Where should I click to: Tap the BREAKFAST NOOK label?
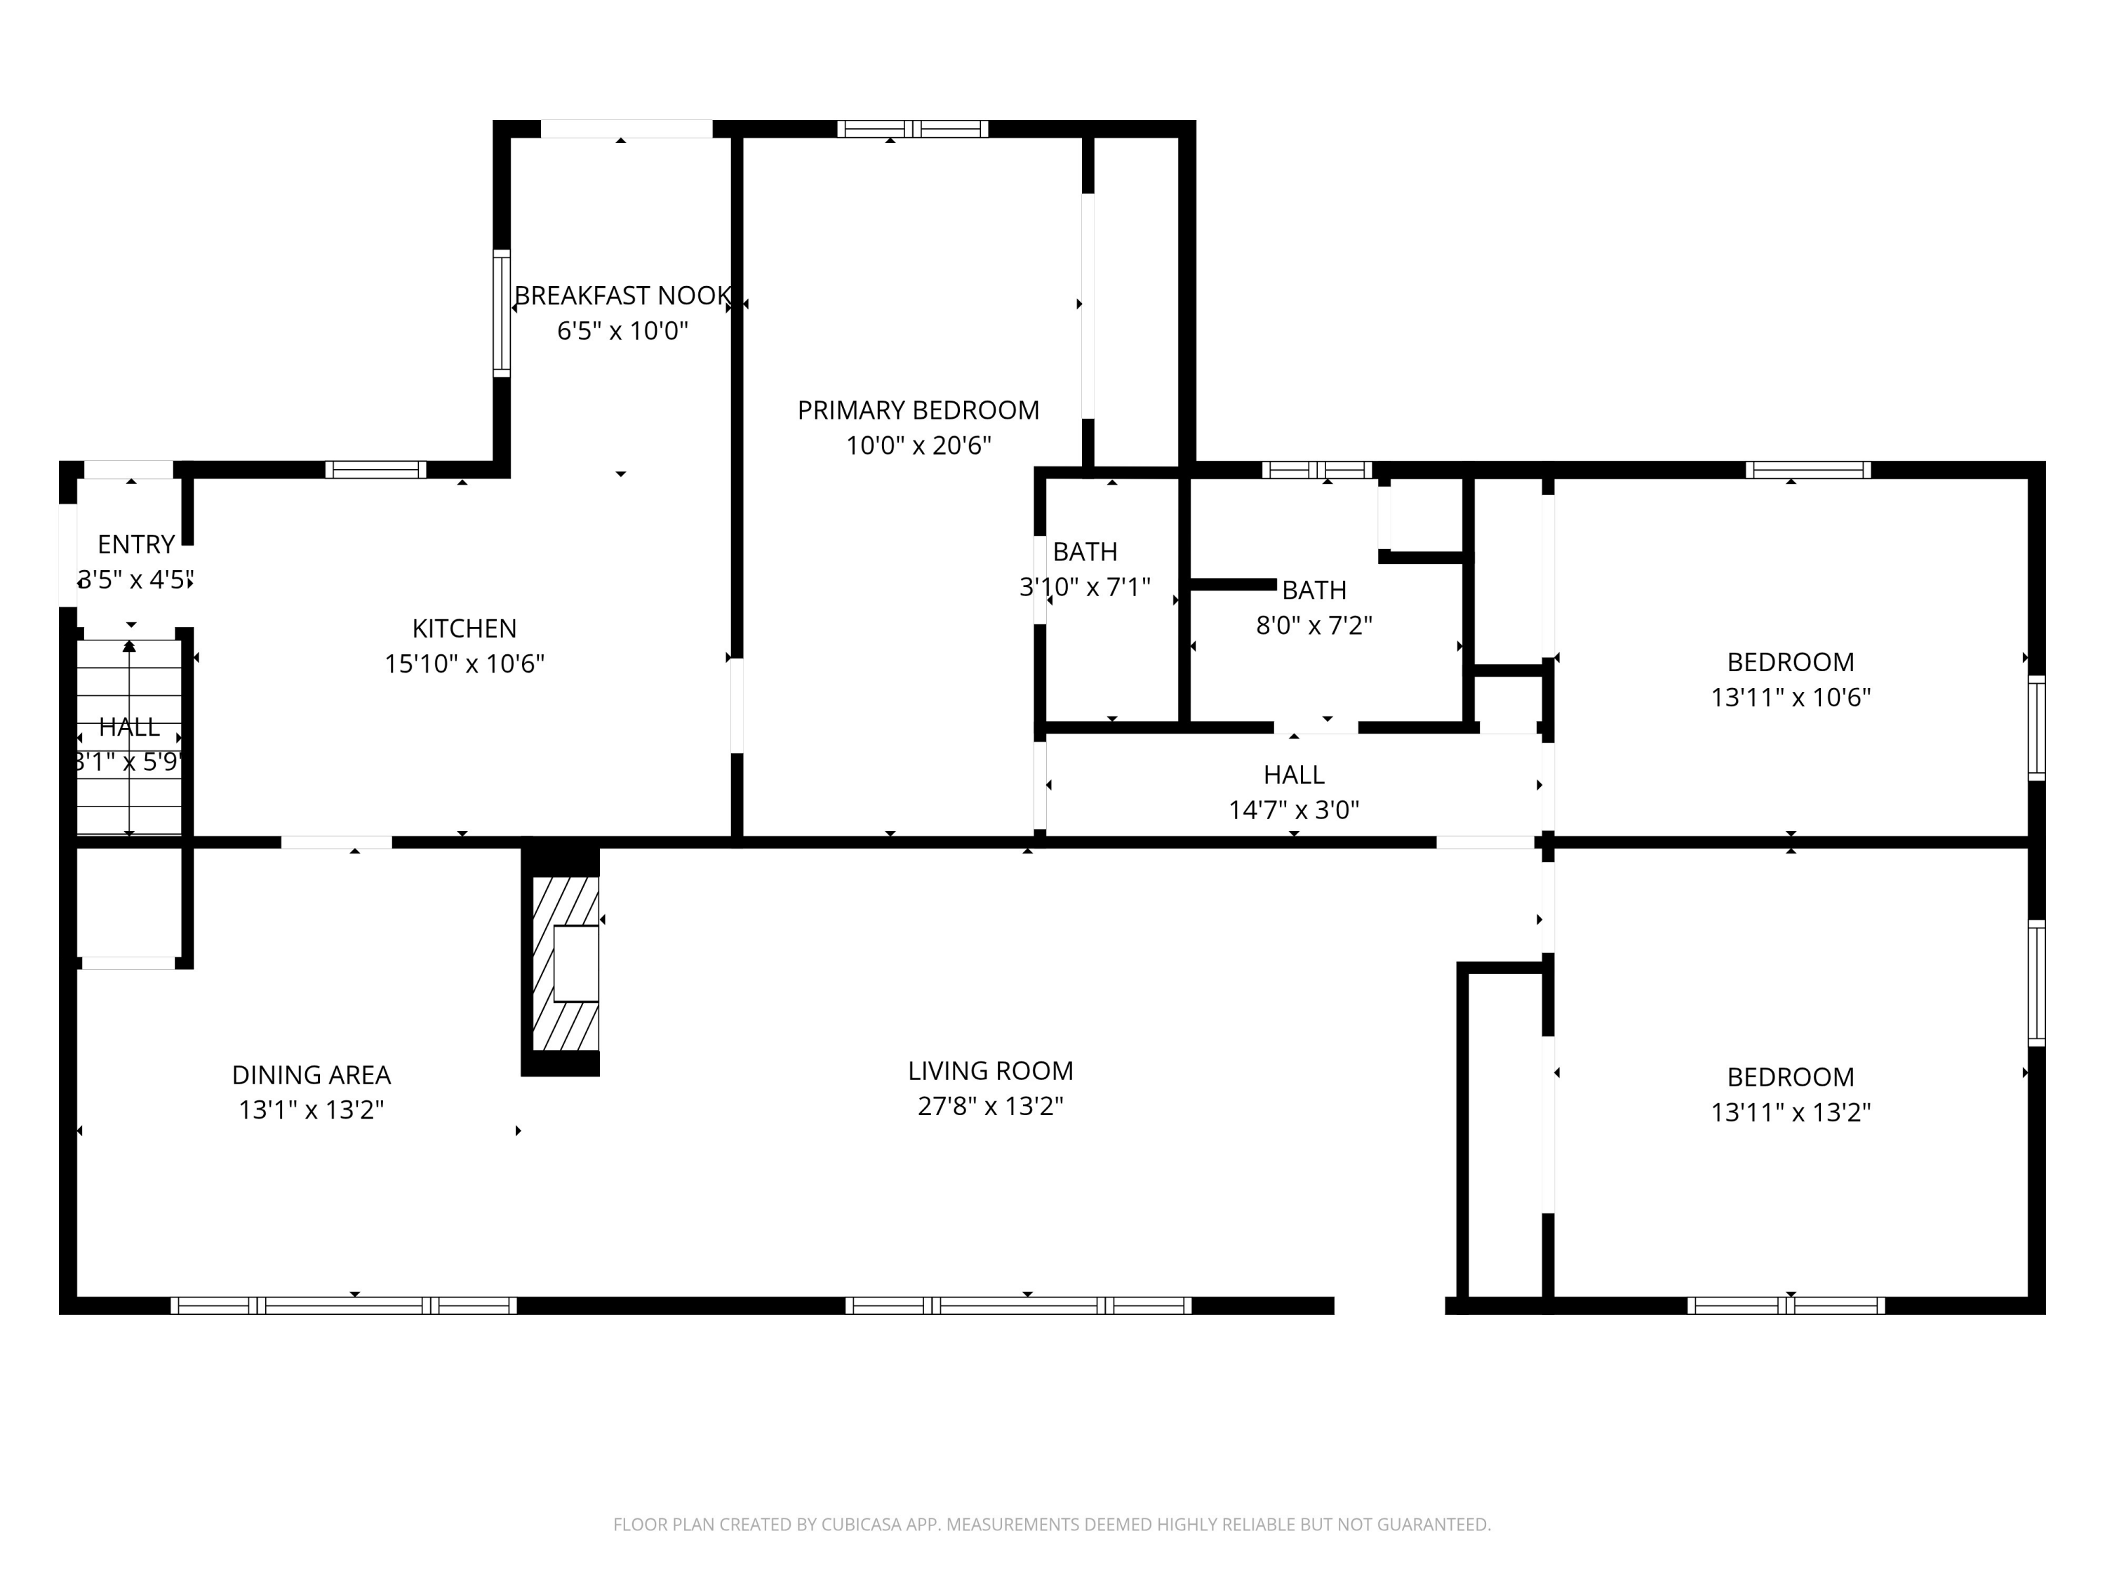click(x=623, y=296)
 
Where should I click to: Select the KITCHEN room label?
click(x=465, y=628)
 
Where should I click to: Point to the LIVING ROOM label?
click(x=991, y=1071)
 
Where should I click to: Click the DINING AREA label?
click(x=311, y=1075)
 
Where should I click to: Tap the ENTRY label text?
click(x=136, y=544)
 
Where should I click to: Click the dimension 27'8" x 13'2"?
click(x=991, y=1106)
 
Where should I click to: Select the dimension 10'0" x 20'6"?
click(x=918, y=445)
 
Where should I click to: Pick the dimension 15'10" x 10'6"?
click(x=465, y=664)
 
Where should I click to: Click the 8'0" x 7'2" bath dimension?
click(x=1314, y=625)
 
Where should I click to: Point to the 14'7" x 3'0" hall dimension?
click(x=1294, y=809)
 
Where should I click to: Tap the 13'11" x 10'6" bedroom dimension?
click(x=1791, y=697)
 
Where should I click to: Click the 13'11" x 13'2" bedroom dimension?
click(x=1791, y=1112)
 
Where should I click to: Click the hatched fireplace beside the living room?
click(x=566, y=963)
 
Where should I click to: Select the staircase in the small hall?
click(x=129, y=738)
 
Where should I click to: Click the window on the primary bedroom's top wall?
click(x=913, y=128)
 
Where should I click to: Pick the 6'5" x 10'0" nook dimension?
click(x=622, y=331)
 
